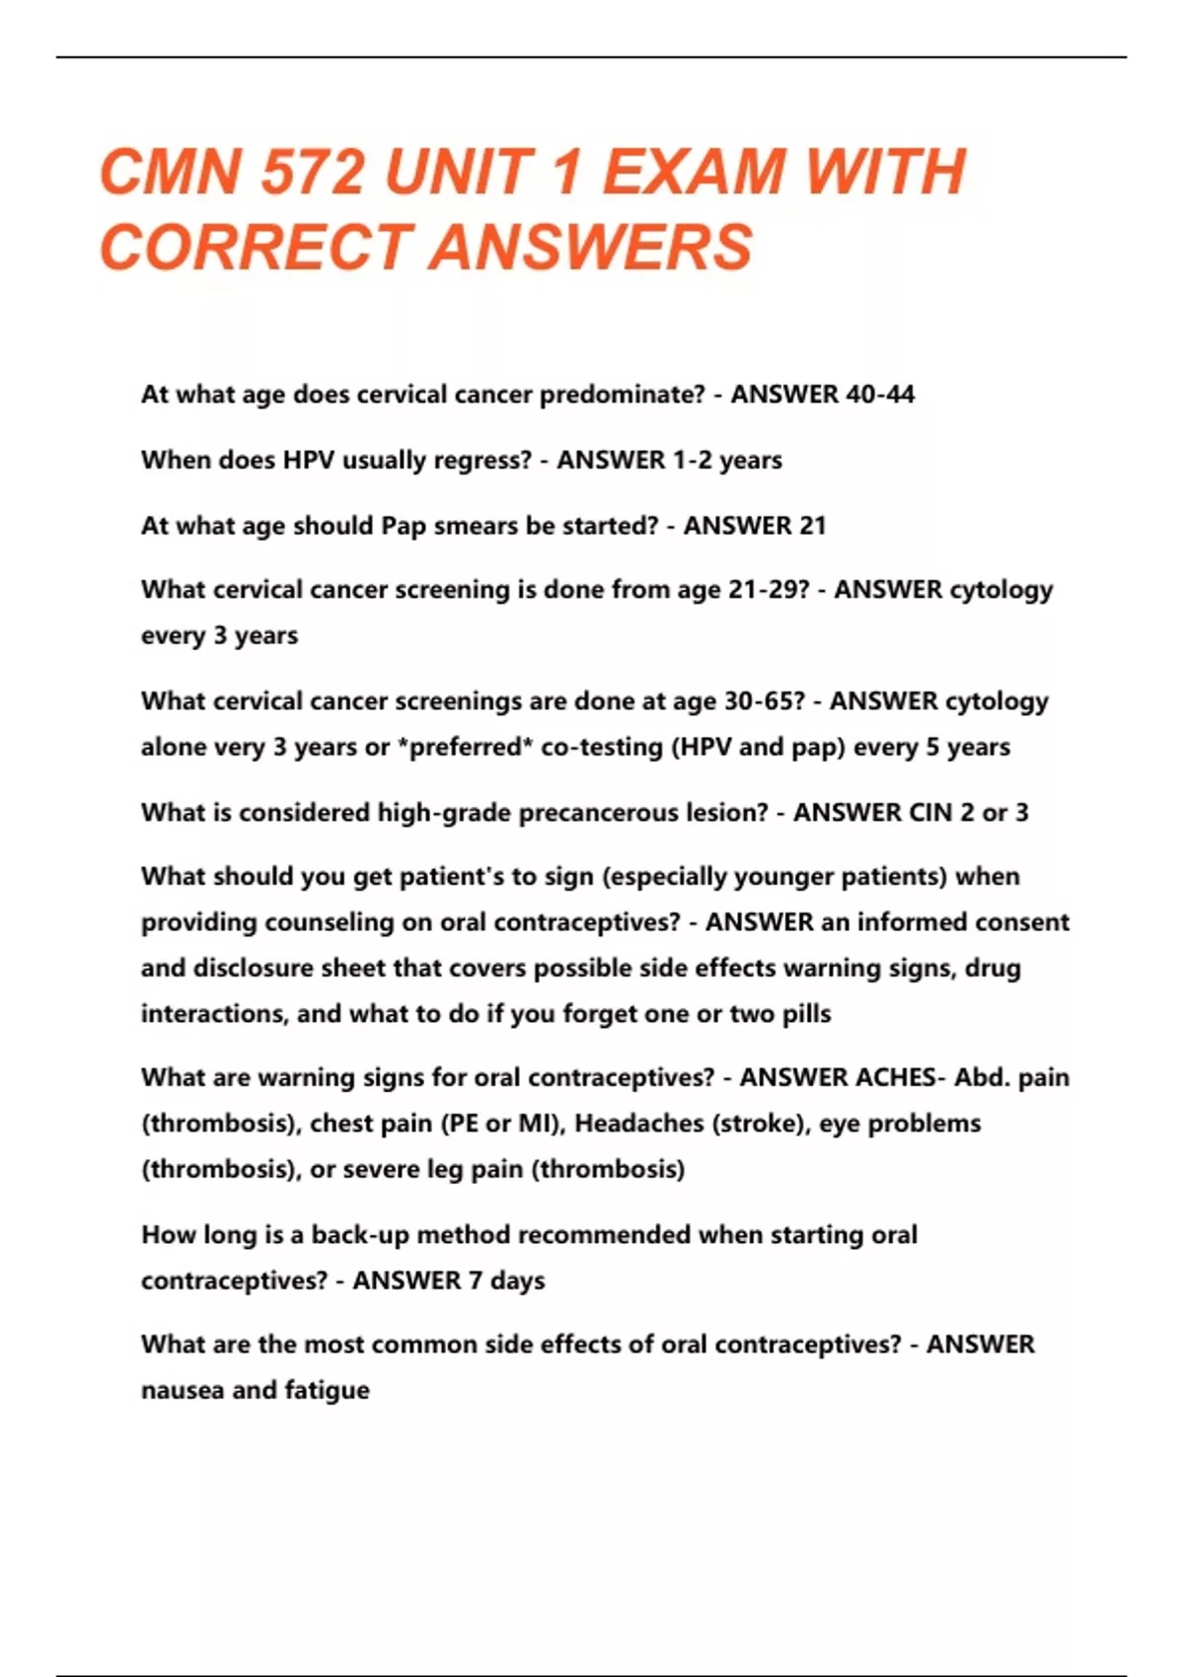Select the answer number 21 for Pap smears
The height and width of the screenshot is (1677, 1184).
(x=812, y=526)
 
